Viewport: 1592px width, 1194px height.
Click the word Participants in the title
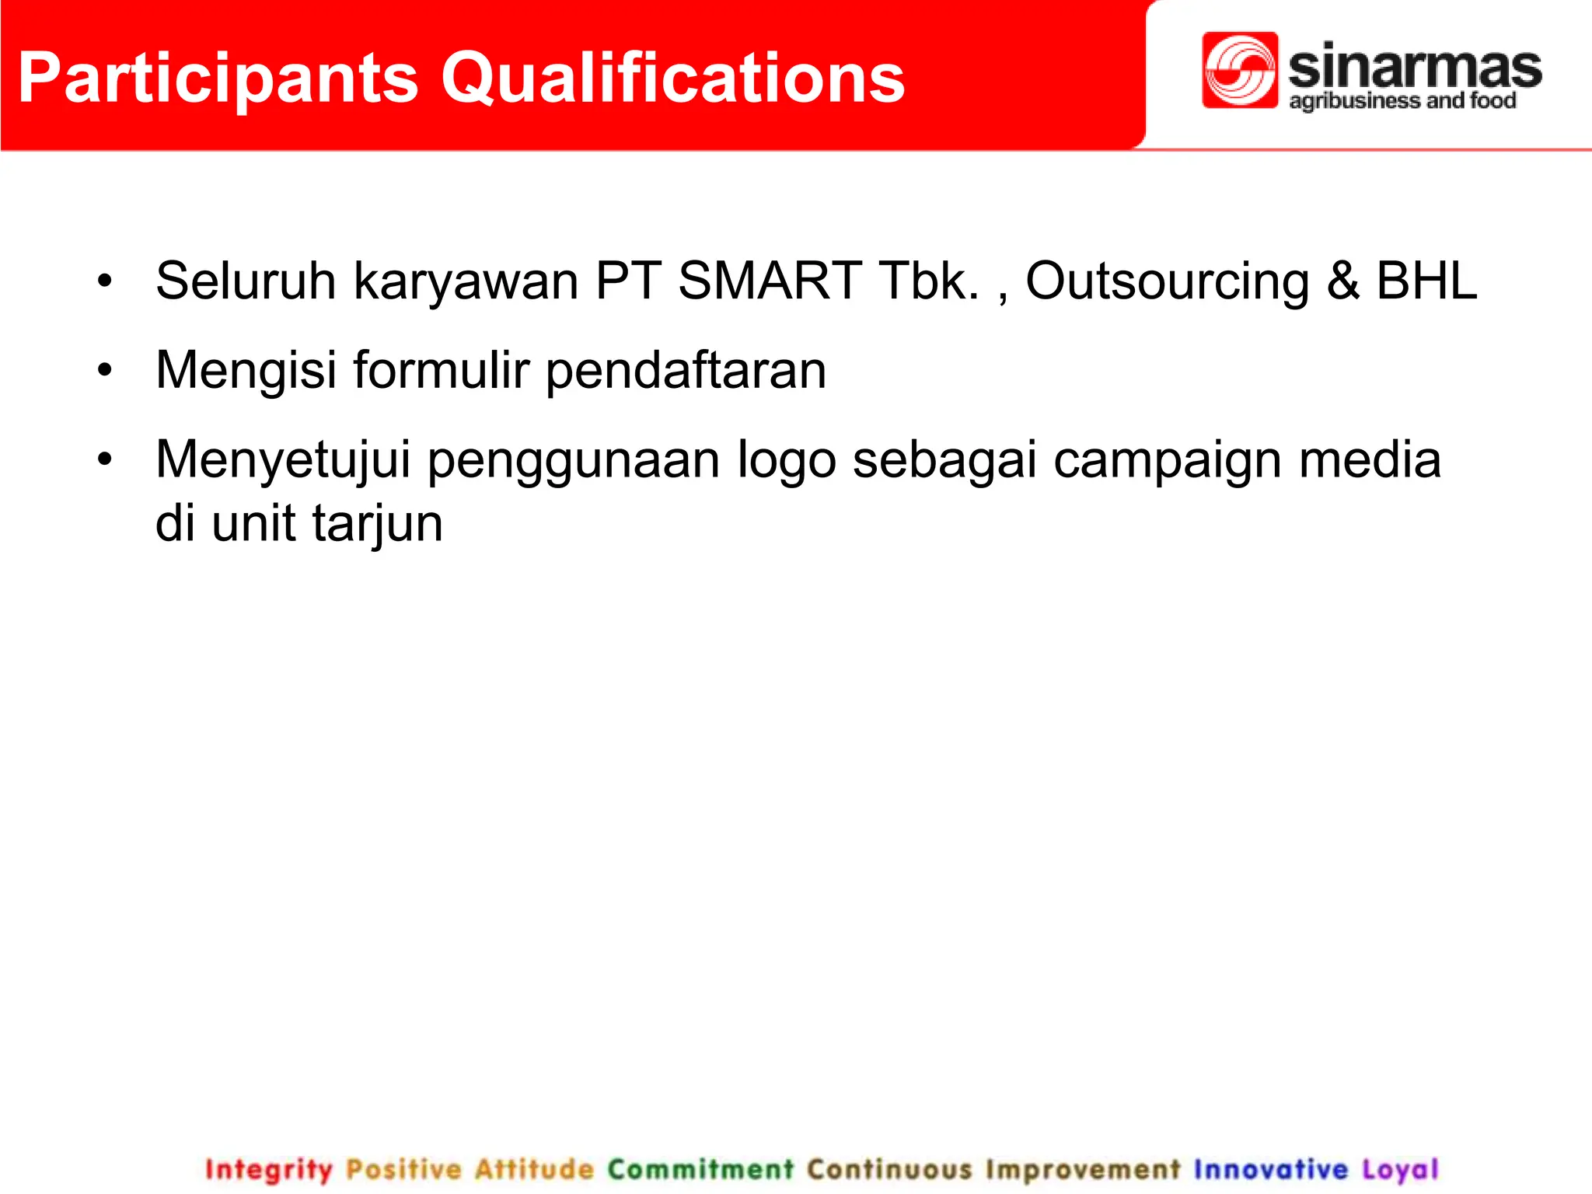[218, 78]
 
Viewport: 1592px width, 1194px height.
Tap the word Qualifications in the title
[672, 78]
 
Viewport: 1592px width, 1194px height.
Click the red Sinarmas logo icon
[1239, 70]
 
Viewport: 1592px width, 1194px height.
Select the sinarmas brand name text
[1415, 67]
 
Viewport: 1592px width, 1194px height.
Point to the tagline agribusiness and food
[1402, 101]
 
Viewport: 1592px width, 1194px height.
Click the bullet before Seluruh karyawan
[105, 281]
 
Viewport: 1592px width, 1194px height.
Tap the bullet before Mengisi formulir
[105, 370]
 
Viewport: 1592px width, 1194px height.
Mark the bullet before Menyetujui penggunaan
[105, 459]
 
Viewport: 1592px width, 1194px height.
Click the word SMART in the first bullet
[769, 281]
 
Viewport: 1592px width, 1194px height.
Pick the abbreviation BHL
[1426, 281]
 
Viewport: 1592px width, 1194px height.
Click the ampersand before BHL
[1343, 281]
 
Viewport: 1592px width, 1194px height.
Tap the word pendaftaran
[686, 370]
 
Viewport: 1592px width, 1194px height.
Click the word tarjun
[378, 523]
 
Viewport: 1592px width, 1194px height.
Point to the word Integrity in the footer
[268, 1169]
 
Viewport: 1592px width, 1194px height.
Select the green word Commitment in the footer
[700, 1169]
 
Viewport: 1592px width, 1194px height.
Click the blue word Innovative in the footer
[1270, 1169]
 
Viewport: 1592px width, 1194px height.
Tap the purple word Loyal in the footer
[1400, 1169]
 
